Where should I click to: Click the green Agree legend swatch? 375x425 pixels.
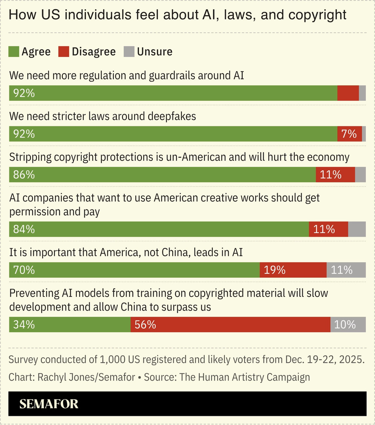pyautogui.click(x=14, y=52)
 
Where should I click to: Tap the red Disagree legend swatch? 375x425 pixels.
pyautogui.click(x=64, y=52)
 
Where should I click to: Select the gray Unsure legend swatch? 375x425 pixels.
pyautogui.click(x=129, y=52)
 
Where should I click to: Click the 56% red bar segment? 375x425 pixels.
pyautogui.click(x=230, y=325)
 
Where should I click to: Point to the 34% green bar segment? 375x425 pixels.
pyautogui.click(x=70, y=325)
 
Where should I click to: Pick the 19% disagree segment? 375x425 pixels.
pyautogui.click(x=293, y=270)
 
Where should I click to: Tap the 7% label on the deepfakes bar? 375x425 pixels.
pyautogui.click(x=349, y=134)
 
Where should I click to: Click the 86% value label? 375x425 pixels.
pyautogui.click(x=24, y=175)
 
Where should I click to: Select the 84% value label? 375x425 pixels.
pyautogui.click(x=24, y=229)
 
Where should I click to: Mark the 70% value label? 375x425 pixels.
pyautogui.click(x=24, y=270)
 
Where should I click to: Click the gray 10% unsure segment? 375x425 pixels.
pyautogui.click(x=348, y=325)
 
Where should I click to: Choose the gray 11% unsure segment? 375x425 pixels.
pyautogui.click(x=346, y=270)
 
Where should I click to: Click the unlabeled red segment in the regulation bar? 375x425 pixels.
pyautogui.click(x=348, y=93)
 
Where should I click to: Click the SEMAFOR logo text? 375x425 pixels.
pyautogui.click(x=49, y=404)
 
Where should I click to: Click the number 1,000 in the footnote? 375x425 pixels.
pyautogui.click(x=113, y=360)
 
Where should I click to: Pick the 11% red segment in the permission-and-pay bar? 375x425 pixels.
pyautogui.click(x=328, y=229)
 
